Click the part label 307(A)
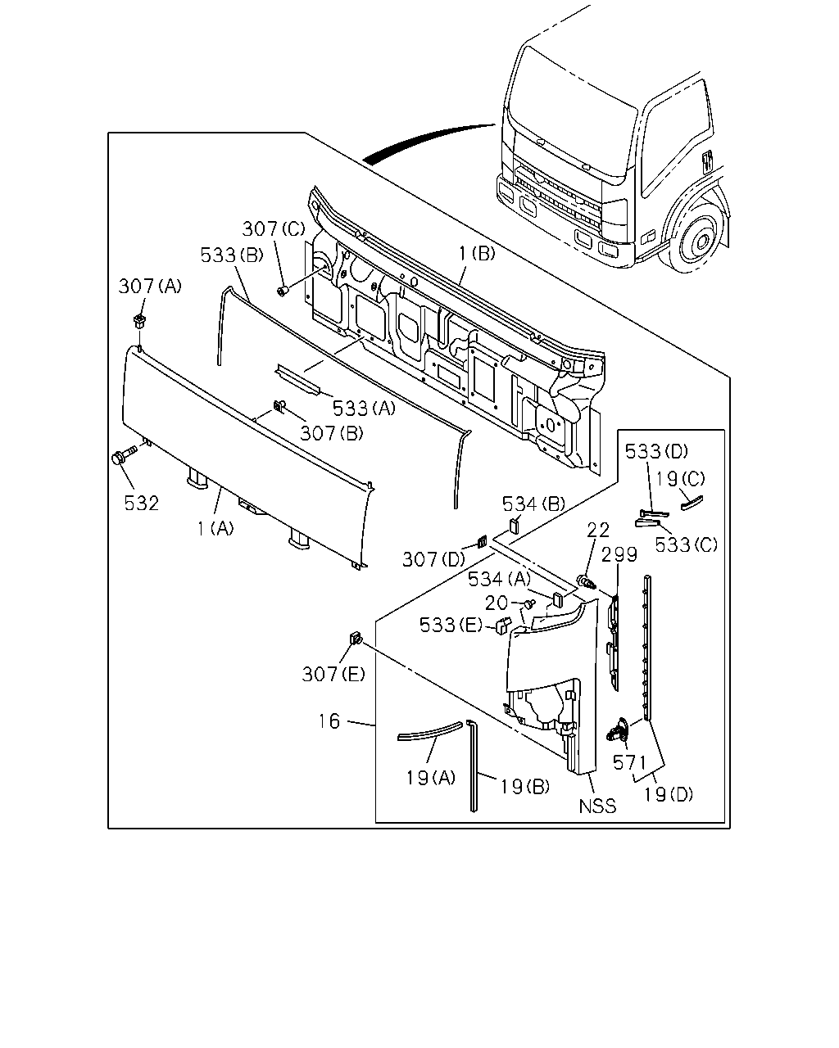point(150,287)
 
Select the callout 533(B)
point(232,255)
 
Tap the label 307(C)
point(274,228)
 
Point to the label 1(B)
point(476,253)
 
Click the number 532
point(142,503)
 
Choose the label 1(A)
point(215,528)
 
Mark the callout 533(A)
point(364,408)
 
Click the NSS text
point(597,806)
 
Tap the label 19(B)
point(524,787)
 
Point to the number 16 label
point(329,721)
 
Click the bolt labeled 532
point(124,456)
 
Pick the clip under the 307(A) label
point(140,321)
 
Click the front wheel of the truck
point(697,240)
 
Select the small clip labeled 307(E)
point(356,638)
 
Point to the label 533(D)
point(656,451)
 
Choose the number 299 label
point(619,554)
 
